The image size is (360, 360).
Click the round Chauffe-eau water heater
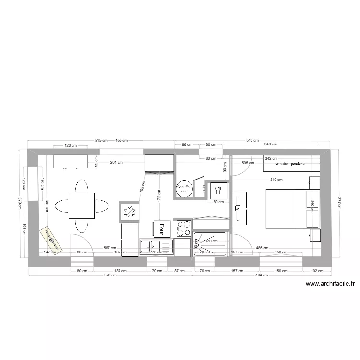[184, 189]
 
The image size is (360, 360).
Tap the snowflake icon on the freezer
[128, 211]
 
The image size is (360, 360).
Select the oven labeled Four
[162, 228]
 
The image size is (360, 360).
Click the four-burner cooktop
[183, 228]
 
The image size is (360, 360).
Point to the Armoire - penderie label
[290, 164]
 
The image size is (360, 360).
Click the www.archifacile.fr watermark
[330, 284]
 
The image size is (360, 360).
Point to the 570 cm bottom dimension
[110, 276]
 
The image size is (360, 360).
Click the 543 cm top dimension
[252, 140]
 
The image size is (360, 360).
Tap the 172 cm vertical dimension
[159, 194]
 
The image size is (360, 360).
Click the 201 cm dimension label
[116, 163]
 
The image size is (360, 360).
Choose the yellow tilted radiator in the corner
[51, 240]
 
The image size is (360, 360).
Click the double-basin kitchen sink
[156, 247]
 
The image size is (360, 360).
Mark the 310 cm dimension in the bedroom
[276, 180]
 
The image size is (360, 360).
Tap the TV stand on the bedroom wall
[239, 209]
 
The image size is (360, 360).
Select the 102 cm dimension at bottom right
[317, 271]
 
